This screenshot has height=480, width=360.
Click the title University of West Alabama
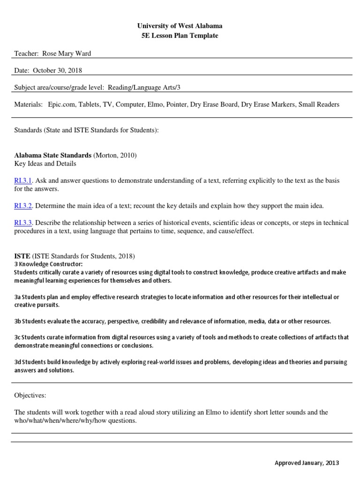[180, 26]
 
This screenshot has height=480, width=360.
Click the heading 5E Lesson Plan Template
[180, 36]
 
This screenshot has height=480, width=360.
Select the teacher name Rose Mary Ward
[67, 53]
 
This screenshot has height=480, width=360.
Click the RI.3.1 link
[23, 180]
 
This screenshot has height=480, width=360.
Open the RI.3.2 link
[23, 206]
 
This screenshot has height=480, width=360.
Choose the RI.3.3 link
[23, 223]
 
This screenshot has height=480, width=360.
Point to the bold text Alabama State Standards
[53, 155]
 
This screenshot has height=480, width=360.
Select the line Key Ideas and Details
[45, 164]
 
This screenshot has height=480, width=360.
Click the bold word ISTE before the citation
[22, 256]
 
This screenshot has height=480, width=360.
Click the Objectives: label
[30, 396]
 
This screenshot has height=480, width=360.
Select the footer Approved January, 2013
[306, 463]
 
